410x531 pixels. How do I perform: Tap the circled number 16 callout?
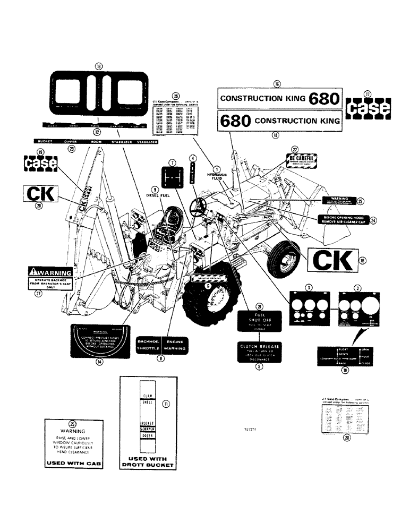pyautogui.click(x=277, y=83)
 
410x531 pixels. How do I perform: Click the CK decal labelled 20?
pyautogui.click(x=39, y=194)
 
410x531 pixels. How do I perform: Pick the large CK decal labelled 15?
pyautogui.click(x=332, y=261)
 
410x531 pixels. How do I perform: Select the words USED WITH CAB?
pyautogui.click(x=72, y=463)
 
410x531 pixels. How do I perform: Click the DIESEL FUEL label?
pyautogui.click(x=154, y=194)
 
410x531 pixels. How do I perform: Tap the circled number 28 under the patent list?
pyautogui.click(x=347, y=438)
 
